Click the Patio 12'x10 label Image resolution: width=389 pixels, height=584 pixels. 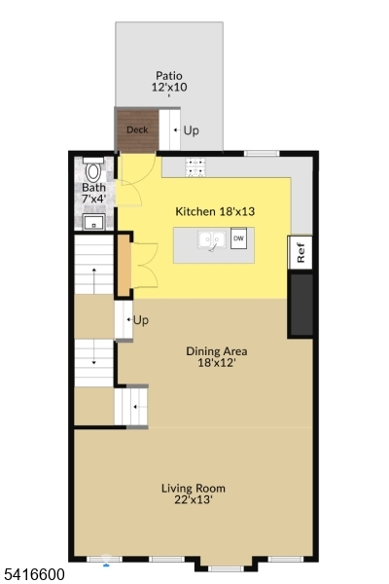pyautogui.click(x=169, y=82)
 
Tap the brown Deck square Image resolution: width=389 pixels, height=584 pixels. pyautogui.click(x=136, y=130)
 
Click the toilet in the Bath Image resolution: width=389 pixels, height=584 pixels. pyautogui.click(x=93, y=170)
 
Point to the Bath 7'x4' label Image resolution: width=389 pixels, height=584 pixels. pyautogui.click(x=94, y=193)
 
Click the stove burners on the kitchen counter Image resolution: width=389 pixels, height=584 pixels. pyautogui.click(x=194, y=166)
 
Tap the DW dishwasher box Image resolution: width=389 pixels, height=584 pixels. pyautogui.click(x=238, y=237)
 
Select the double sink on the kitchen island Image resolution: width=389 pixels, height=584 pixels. pyautogui.click(x=211, y=239)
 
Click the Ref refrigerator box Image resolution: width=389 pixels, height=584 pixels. pyautogui.click(x=301, y=252)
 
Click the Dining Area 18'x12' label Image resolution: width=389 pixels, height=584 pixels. pyautogui.click(x=217, y=357)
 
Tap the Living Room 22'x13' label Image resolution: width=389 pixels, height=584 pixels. pyautogui.click(x=194, y=493)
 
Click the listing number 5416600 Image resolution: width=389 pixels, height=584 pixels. pyautogui.click(x=34, y=575)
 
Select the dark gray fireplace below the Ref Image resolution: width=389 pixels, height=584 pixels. pyautogui.click(x=301, y=305)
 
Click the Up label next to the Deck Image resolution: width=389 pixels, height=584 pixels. pyautogui.click(x=191, y=130)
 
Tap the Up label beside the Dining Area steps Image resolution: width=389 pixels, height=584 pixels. pyautogui.click(x=141, y=320)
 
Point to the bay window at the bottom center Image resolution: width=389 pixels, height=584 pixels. pyautogui.click(x=227, y=564)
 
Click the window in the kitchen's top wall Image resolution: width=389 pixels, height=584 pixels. pyautogui.click(x=258, y=153)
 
